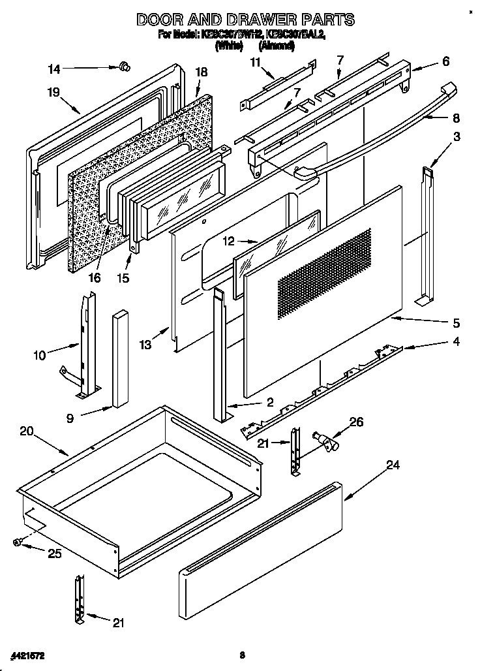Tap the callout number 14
(x=54, y=68)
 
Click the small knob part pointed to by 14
(x=125, y=66)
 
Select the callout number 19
(x=53, y=93)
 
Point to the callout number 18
(x=201, y=72)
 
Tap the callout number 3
(x=457, y=136)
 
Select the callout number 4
(x=456, y=341)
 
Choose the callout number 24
(x=392, y=465)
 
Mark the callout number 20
(x=26, y=431)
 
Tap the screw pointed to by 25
(x=18, y=541)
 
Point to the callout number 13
(x=144, y=344)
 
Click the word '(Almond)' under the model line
(x=277, y=46)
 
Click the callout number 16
(x=95, y=278)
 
